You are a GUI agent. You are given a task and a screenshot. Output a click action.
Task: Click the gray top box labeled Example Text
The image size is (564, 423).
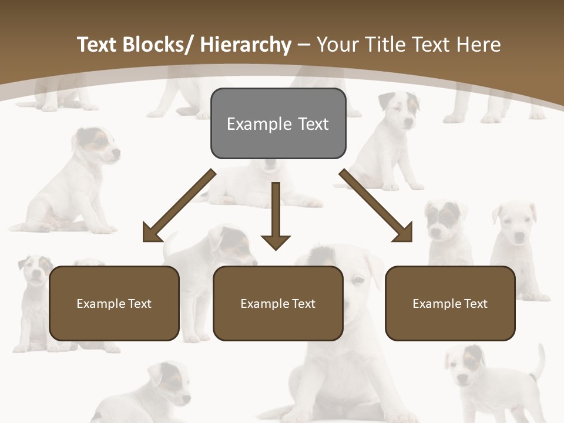[278, 123]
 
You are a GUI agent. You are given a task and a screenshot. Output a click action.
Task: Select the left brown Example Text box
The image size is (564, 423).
[114, 303]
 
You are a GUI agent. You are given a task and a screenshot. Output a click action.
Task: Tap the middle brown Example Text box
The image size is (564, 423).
[278, 303]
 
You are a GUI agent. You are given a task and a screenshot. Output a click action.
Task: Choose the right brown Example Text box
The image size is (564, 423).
[450, 303]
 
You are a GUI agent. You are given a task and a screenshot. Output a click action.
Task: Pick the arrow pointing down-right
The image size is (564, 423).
[377, 206]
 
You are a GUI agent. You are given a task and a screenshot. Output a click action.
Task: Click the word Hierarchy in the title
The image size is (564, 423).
[246, 45]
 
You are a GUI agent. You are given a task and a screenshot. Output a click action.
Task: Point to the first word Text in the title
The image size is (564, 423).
[98, 45]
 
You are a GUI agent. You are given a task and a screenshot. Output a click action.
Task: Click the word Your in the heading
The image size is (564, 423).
[337, 45]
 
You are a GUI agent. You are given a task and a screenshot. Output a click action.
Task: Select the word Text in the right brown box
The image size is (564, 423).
[475, 303]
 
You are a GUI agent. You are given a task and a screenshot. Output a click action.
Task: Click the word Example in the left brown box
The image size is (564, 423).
[100, 303]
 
